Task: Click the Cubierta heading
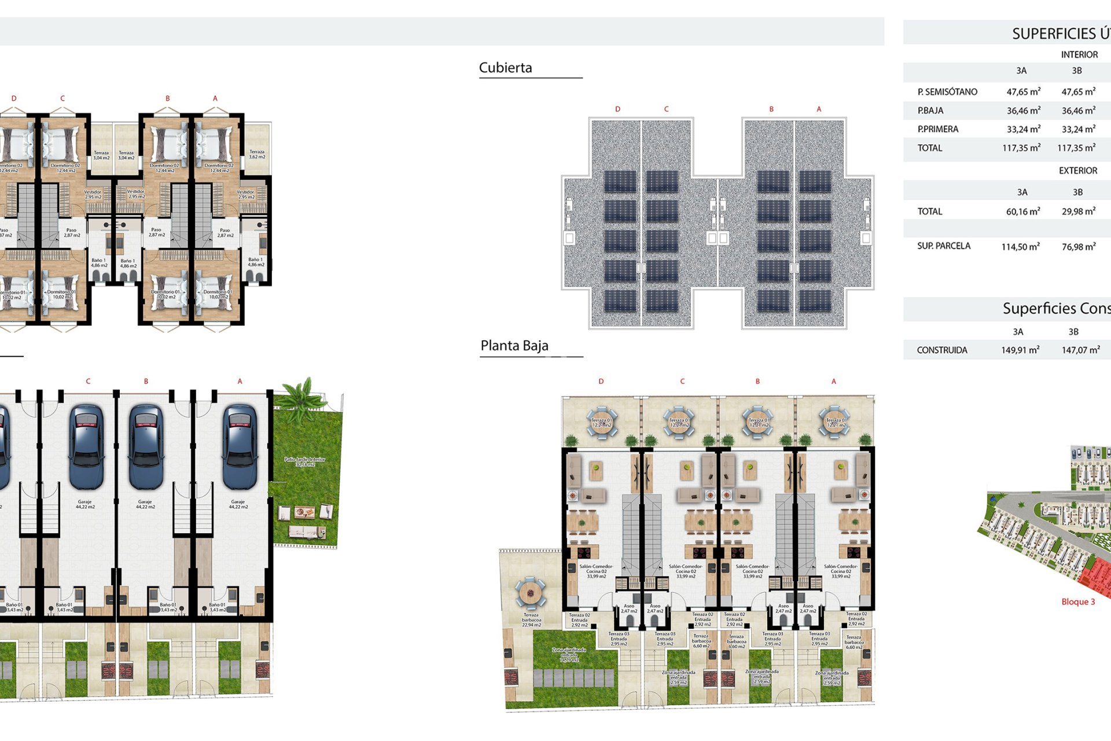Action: pos(505,68)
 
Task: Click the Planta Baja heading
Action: pos(514,346)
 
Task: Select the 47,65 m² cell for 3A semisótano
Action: pos(1023,91)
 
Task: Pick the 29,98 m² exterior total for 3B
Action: pos(1078,211)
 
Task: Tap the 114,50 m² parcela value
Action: pos(1020,247)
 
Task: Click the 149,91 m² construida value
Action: pos(1020,350)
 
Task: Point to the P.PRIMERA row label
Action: pos(937,129)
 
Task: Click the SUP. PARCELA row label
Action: pos(943,246)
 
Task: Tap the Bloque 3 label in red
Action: pos(1077,601)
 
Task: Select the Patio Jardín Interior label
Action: pos(305,461)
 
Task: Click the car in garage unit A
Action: pos(240,446)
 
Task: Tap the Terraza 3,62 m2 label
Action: pos(257,155)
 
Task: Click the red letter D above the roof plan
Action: pos(617,109)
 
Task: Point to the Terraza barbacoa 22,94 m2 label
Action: pos(531,620)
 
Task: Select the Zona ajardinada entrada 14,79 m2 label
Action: pos(569,654)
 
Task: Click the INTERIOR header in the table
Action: pos(1079,54)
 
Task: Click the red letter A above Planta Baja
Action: pos(833,381)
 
